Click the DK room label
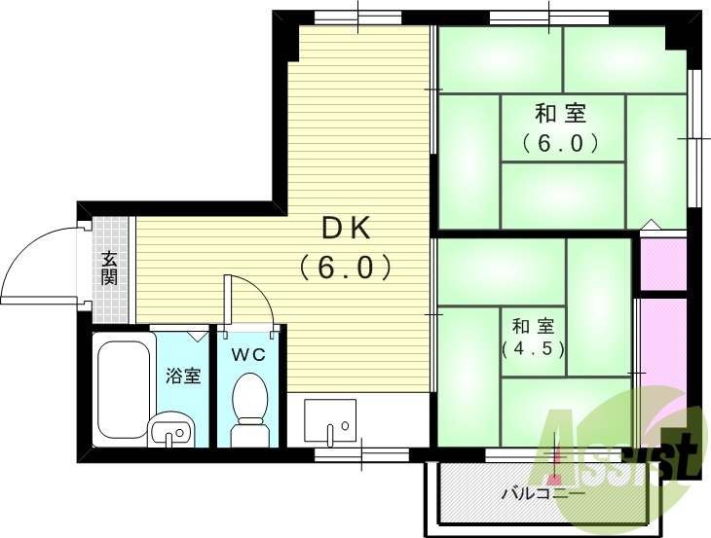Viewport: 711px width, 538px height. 346,229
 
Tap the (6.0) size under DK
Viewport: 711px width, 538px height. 346,266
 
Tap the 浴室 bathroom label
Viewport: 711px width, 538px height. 183,376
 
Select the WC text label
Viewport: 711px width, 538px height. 247,355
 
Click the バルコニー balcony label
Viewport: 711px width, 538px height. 543,493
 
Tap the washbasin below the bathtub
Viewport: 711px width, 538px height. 171,427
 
